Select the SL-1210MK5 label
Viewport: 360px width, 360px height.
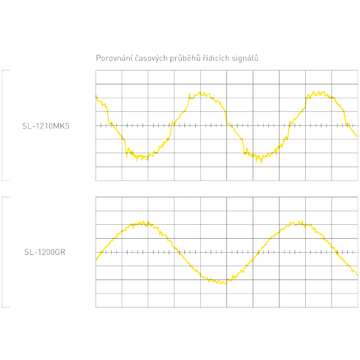click(46, 126)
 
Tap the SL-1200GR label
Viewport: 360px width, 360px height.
click(45, 252)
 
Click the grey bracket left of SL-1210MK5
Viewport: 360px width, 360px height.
click(3, 126)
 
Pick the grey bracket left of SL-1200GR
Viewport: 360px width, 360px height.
click(3, 252)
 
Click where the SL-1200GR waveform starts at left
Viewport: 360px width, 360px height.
click(97, 259)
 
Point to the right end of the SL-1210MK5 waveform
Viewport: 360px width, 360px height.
click(357, 136)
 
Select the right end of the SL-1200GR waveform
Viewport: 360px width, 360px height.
click(357, 274)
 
